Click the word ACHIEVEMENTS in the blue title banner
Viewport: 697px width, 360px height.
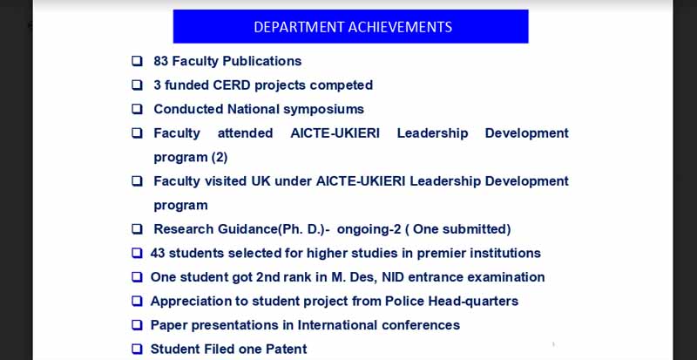tap(400, 27)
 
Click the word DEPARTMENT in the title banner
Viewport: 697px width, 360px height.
tap(299, 27)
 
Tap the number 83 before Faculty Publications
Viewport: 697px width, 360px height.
tap(161, 61)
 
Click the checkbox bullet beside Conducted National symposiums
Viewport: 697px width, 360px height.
tap(138, 109)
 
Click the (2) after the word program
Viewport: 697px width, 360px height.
tap(220, 158)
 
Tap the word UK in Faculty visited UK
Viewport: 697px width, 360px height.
tap(261, 181)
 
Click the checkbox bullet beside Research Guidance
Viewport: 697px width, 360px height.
tap(138, 229)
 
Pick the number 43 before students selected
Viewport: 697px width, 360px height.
tap(158, 253)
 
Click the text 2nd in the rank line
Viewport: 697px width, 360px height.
tap(267, 277)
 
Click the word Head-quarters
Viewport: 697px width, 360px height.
tap(473, 302)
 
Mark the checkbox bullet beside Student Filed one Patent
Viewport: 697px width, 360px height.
tap(138, 350)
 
